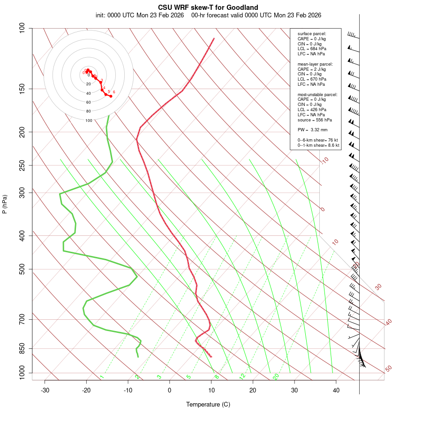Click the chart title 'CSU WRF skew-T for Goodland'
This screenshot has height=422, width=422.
pyautogui.click(x=208, y=7)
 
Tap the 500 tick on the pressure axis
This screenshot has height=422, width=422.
pyautogui.click(x=22, y=269)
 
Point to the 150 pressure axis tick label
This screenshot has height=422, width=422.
pyautogui.click(x=22, y=89)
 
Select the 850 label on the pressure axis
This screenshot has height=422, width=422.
pyautogui.click(x=22, y=348)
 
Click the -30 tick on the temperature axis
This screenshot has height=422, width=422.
pyautogui.click(x=45, y=390)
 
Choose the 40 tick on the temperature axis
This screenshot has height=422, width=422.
pyautogui.click(x=336, y=390)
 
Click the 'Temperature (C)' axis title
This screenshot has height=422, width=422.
pyautogui.click(x=208, y=404)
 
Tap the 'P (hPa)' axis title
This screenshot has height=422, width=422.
pyautogui.click(x=5, y=204)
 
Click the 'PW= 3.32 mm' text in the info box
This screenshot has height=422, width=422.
pyautogui.click(x=312, y=129)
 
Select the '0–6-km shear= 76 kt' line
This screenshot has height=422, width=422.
pyautogui.click(x=318, y=140)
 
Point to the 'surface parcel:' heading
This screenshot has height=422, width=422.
pyautogui.click(x=312, y=34)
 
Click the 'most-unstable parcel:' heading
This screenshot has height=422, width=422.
pyautogui.click(x=317, y=94)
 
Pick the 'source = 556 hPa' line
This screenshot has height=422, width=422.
pyautogui.click(x=315, y=120)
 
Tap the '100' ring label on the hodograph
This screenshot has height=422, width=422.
pyautogui.click(x=89, y=121)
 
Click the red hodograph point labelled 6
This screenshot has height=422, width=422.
pyautogui.click(x=111, y=96)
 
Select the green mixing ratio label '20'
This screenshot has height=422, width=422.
pyautogui.click(x=276, y=376)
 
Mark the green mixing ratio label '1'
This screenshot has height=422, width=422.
pyautogui.click(x=102, y=377)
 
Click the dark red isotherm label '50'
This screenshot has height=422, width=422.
pyautogui.click(x=388, y=369)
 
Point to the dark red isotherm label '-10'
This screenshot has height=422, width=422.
pyautogui.click(x=324, y=160)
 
